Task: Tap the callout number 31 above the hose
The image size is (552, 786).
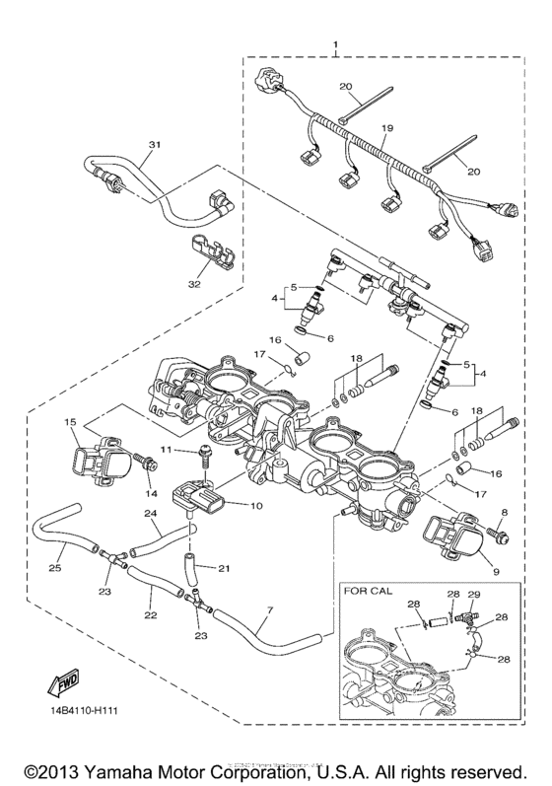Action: tap(153, 144)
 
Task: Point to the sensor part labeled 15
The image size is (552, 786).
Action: tap(101, 455)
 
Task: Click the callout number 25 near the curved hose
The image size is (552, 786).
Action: tap(53, 568)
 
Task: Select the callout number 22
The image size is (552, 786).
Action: tap(151, 615)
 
